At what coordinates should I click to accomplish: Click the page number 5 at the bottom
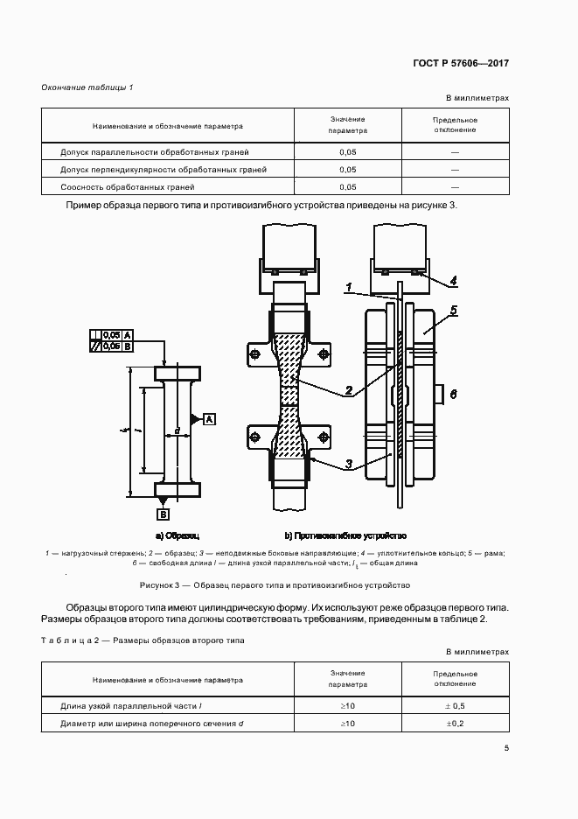[506, 747]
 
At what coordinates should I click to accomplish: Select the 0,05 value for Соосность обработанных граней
[347, 187]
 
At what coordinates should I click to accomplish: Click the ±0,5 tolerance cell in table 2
[455, 705]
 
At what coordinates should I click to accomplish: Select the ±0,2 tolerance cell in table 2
[455, 723]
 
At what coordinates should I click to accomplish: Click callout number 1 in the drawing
[348, 287]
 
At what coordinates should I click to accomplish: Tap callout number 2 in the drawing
[348, 391]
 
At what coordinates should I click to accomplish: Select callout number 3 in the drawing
[348, 464]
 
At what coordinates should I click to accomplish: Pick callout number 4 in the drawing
[453, 282]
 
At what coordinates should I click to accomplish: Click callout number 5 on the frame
[453, 311]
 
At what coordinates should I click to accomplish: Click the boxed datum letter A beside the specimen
[210, 419]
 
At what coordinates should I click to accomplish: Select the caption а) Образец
[178, 535]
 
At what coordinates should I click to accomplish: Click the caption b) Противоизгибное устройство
[345, 535]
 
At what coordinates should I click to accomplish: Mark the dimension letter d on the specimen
[178, 430]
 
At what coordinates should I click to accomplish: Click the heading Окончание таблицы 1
[87, 87]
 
